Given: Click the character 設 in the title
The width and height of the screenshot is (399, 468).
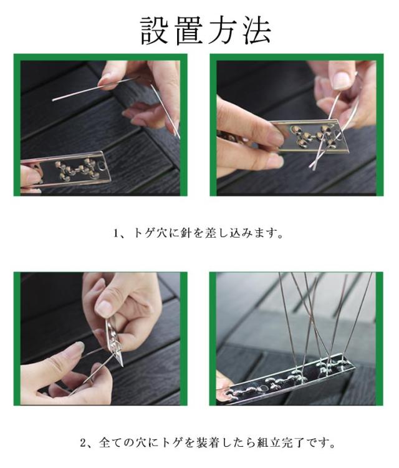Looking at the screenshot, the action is point(153,30).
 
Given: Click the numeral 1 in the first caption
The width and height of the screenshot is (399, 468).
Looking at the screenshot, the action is point(117,233).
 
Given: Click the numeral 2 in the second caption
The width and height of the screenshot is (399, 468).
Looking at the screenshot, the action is point(83,442).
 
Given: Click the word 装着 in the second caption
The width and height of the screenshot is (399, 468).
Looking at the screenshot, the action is point(208,442).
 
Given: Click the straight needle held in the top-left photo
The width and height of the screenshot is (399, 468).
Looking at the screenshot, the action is point(95,89).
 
